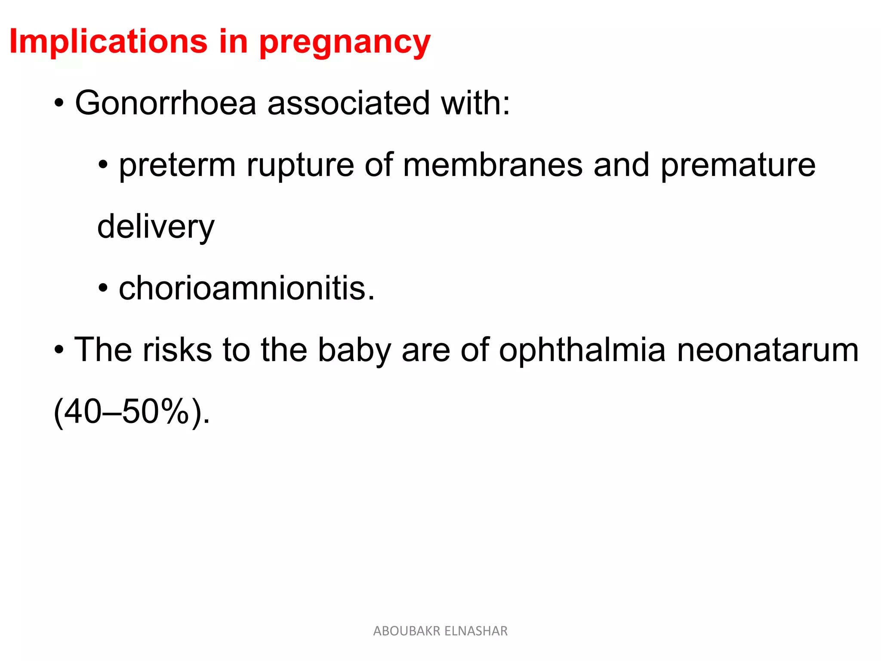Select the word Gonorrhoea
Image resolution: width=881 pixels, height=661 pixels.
tap(166, 103)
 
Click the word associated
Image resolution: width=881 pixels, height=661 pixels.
tap(348, 103)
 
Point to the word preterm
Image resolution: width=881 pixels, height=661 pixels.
tap(177, 166)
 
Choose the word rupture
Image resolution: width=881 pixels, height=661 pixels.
tap(300, 166)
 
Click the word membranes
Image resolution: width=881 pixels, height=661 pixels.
tap(492, 165)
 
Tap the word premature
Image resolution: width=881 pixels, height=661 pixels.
tap(738, 166)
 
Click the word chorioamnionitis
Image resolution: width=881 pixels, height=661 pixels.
tap(246, 288)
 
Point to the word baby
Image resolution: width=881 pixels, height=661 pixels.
tap(354, 351)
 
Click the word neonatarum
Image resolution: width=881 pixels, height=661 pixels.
tap(768, 351)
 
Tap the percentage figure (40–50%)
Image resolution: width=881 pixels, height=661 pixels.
tap(131, 412)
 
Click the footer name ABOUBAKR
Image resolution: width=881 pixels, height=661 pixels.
tap(407, 631)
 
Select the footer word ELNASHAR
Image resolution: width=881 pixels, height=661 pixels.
tap(476, 631)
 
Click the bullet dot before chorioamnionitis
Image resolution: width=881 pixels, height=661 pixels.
tap(103, 288)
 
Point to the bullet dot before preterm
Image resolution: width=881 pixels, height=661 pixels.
tap(103, 165)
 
